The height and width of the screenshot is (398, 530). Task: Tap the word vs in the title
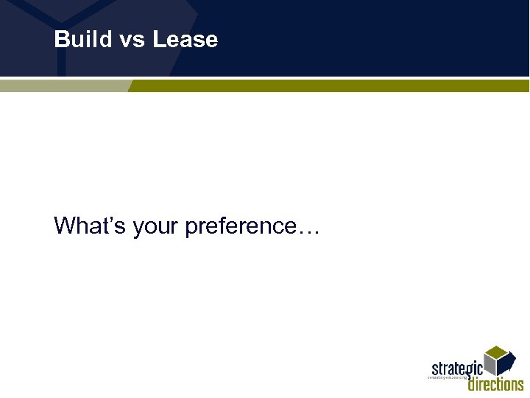[x=133, y=40]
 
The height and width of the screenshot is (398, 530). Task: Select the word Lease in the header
[x=185, y=39]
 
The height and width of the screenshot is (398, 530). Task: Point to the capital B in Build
[x=62, y=39]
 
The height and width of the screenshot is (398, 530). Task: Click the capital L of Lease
[x=159, y=39]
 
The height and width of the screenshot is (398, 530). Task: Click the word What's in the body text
[x=90, y=226]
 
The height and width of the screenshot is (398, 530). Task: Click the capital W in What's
[x=65, y=226]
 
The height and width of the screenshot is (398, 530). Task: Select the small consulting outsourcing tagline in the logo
[x=448, y=377]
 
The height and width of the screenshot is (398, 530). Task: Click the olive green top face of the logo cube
[x=498, y=352]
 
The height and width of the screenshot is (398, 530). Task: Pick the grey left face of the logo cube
[x=490, y=364]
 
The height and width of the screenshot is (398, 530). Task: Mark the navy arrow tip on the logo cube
[x=508, y=366]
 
